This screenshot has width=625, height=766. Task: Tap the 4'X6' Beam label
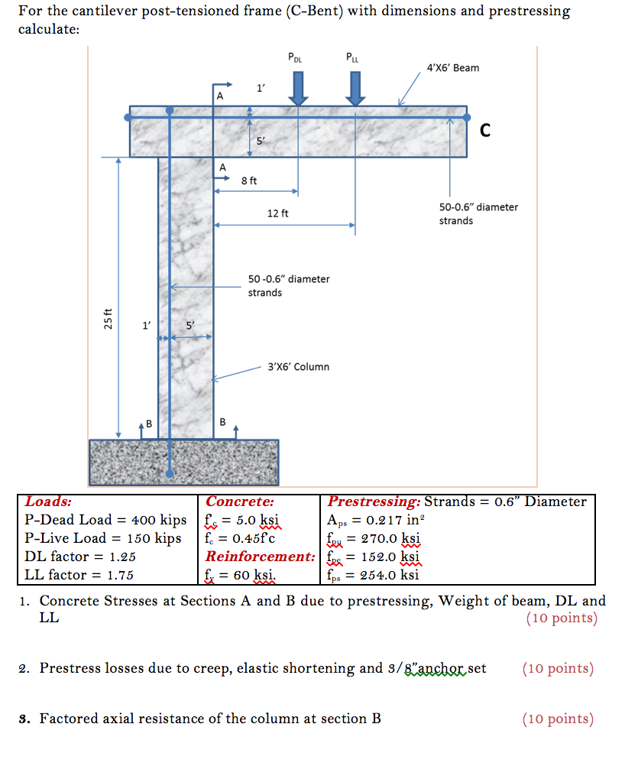[454, 68]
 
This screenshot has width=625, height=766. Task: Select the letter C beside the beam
[485, 131]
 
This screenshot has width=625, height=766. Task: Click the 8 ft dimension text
[249, 180]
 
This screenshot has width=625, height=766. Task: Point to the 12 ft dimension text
[277, 213]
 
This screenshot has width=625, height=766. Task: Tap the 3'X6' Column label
[298, 367]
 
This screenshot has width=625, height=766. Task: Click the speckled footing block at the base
[183, 462]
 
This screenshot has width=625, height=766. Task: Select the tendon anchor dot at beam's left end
[128, 116]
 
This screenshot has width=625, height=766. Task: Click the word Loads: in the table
[49, 502]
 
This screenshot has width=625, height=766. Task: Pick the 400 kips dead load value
[158, 521]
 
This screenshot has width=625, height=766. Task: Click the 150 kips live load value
[155, 538]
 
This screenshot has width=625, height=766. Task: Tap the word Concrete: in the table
[240, 502]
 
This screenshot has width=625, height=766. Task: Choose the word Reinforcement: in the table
[261, 557]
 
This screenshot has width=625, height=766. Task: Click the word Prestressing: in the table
[374, 502]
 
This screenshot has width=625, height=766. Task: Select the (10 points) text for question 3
[558, 719]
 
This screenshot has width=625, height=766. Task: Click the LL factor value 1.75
[117, 575]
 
